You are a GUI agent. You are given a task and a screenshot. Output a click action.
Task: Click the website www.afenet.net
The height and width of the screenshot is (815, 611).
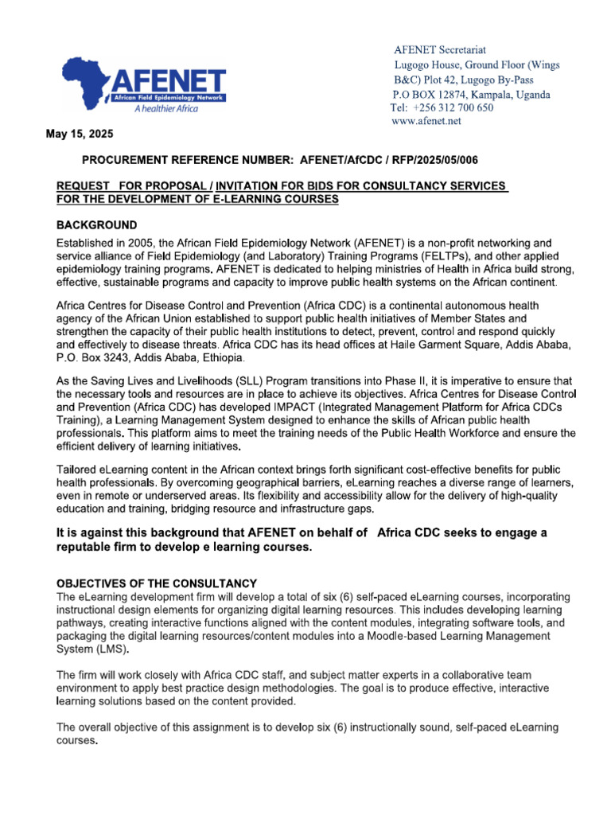426,121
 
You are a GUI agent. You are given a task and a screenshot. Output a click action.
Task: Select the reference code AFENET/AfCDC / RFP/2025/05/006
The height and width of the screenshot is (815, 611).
388,160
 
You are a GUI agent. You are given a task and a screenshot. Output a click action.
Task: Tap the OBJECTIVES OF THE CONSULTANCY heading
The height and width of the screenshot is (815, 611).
156,583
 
